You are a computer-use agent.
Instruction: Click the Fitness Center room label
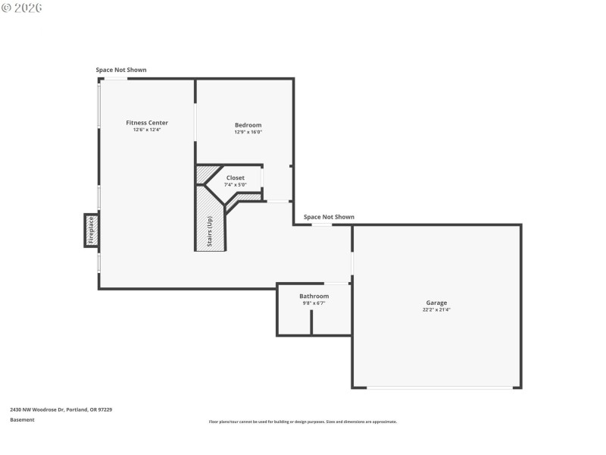[147, 123]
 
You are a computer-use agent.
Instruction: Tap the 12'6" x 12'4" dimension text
[147, 130]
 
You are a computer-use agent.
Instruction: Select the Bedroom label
[248, 125]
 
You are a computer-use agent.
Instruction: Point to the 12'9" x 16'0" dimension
[248, 132]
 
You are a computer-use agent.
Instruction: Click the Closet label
[236, 177]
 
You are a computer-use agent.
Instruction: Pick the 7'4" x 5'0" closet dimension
[236, 184]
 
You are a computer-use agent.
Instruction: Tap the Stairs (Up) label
[210, 232]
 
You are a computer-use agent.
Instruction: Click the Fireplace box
[91, 231]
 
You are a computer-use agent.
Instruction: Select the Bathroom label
[314, 296]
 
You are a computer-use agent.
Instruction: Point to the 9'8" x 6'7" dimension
[314, 303]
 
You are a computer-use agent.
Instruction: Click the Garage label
[436, 303]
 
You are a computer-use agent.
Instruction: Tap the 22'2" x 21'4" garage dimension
[436, 309]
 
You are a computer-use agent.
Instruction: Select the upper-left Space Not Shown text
[121, 70]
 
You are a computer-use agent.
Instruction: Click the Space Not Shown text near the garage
[329, 217]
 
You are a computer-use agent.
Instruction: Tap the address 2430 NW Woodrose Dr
[61, 409]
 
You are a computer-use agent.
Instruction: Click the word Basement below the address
[22, 419]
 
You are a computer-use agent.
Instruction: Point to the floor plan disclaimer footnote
[303, 422]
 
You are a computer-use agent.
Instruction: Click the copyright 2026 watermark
[22, 7]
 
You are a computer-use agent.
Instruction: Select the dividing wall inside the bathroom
[311, 322]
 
